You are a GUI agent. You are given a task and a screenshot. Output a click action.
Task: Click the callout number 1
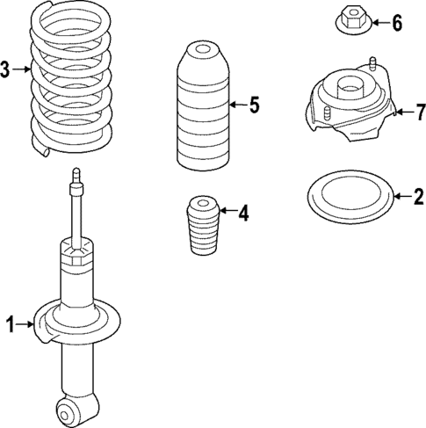pyautogui.click(x=11, y=326)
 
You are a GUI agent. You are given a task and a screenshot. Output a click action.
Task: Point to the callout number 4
pyautogui.click(x=242, y=212)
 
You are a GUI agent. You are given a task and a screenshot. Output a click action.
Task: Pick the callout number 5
pyautogui.click(x=253, y=106)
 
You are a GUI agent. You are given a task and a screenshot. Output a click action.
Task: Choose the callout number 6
pyautogui.click(x=396, y=23)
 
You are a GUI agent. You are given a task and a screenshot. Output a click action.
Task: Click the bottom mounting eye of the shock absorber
pyautogui.click(x=69, y=410)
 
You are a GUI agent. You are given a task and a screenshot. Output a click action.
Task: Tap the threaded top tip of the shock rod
pyautogui.click(x=77, y=176)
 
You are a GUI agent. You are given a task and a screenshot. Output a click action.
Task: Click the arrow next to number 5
pyautogui.click(x=235, y=106)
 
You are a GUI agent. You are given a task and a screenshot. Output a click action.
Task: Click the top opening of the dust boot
pyautogui.click(x=204, y=49)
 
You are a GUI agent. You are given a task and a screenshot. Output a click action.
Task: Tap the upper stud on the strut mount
pyautogui.click(x=375, y=66)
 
